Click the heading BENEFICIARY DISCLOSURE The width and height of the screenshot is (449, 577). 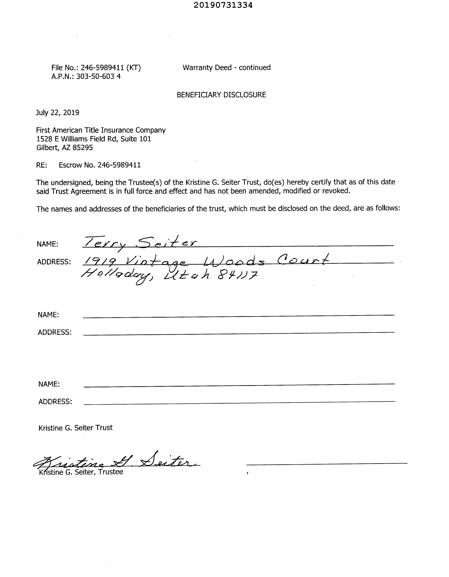[221, 95]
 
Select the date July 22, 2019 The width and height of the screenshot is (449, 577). [57, 113]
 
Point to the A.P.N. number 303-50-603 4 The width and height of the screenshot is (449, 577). [98, 77]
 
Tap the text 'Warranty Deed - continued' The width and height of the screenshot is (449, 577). [226, 68]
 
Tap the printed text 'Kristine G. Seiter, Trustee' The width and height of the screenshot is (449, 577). [81, 472]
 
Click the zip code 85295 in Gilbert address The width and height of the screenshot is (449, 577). [83, 148]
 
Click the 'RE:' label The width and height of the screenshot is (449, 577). [41, 165]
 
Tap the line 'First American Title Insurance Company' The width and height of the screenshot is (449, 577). [101, 130]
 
